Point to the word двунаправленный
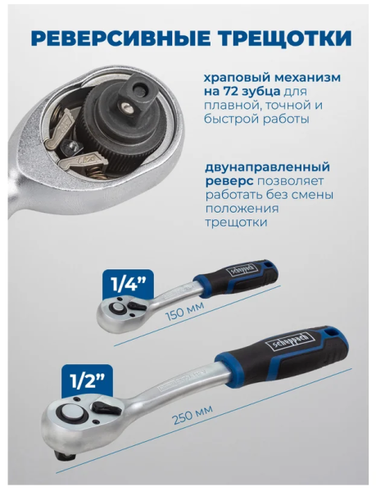(x=267, y=167)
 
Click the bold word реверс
(x=229, y=182)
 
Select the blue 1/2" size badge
(x=87, y=380)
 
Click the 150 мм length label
(x=184, y=311)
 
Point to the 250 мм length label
(x=193, y=413)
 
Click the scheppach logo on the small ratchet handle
(x=244, y=269)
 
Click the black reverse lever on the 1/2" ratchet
(x=106, y=408)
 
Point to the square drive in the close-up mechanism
(x=135, y=96)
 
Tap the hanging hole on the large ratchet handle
(x=330, y=331)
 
